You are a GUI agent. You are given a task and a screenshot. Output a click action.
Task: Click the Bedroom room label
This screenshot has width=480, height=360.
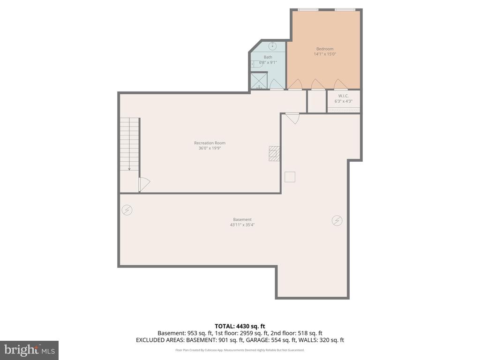coord(324,49)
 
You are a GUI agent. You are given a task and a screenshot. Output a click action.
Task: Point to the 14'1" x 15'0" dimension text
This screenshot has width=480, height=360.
coord(324,54)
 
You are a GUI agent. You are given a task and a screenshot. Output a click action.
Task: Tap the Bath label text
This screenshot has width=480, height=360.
coord(268,57)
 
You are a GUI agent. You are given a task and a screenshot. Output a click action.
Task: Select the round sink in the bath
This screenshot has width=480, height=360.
coord(272,46)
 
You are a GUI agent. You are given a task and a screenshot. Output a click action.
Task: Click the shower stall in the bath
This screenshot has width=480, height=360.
coord(259,80)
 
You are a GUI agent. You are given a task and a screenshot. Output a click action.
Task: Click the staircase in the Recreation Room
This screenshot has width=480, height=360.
coord(129,144)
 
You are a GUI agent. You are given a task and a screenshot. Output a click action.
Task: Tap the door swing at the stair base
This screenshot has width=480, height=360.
coord(144,185)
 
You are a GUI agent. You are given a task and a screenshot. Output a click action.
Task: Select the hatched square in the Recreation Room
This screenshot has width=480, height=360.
coord(274,153)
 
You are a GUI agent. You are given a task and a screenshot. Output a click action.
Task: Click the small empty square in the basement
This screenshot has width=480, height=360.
coord(290,177)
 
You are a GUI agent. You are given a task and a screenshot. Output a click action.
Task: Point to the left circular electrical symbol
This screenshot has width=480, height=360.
coord(127,210)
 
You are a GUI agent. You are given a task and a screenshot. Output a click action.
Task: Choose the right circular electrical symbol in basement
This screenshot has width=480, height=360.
coord(337,220)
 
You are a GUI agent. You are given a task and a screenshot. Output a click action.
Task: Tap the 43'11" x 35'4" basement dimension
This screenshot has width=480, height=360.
coord(242,225)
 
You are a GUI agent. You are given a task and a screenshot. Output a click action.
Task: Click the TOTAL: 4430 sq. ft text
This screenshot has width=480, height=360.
coord(240,326)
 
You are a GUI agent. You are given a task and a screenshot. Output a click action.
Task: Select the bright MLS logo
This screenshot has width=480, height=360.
coord(29,350)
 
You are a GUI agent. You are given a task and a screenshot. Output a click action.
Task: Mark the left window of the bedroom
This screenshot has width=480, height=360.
coord(308,9)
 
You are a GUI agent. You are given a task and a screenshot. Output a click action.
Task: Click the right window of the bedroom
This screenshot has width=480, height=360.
coord(345,9)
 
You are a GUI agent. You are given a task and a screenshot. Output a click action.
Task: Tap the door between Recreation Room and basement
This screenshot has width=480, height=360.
coord(292,118)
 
